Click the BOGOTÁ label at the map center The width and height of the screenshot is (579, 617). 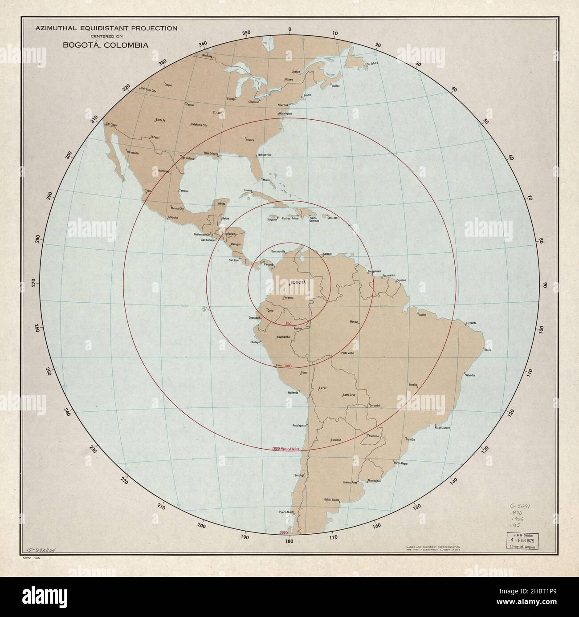coord(298,283)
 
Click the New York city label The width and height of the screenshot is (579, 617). coord(283,105)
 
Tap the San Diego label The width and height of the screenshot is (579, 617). coord(111,125)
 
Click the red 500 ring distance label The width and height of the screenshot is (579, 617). coord(288,323)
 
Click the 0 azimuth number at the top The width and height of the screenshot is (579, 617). coord(289,29)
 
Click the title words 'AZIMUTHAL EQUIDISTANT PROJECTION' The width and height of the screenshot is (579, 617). coord(106,28)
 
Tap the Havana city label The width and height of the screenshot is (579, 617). coord(248,190)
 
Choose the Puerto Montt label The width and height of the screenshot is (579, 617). coord(288,512)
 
